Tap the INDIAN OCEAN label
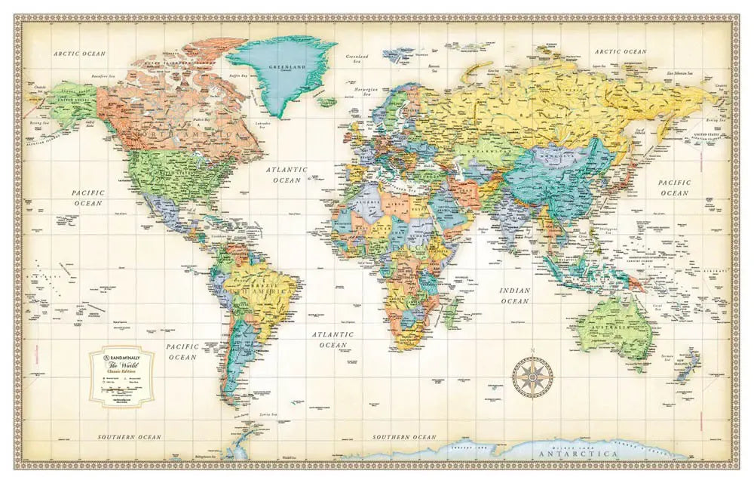pyautogui.click(x=515, y=296)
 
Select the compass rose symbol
pyautogui.click(x=532, y=375)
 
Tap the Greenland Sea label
pyautogui.click(x=357, y=58)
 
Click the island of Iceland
pyautogui.click(x=326, y=101)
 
